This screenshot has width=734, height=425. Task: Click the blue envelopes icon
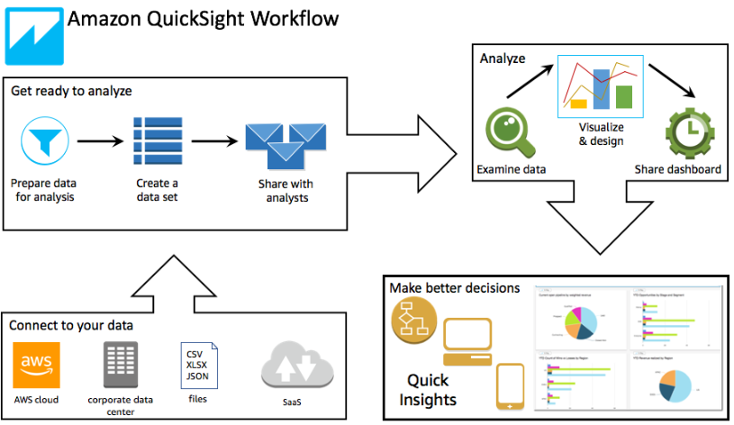pos(285,143)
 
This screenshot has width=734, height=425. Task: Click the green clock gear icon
pos(688,131)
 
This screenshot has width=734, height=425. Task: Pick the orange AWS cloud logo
pos(36,365)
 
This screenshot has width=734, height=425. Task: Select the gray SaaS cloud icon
pos(296,369)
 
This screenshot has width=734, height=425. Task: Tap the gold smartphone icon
pos(511,387)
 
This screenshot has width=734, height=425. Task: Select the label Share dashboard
pos(677,169)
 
